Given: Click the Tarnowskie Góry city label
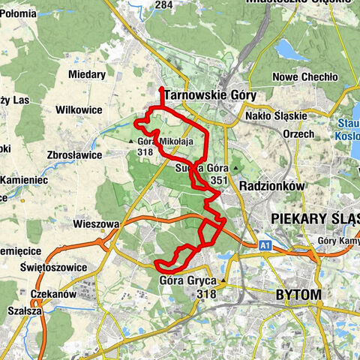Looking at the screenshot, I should click(x=199, y=96).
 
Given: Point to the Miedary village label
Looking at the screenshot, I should click(x=86, y=74).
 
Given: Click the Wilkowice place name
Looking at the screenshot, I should click(x=79, y=109).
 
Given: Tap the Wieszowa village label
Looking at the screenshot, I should click(x=96, y=223).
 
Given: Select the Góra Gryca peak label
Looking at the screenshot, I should click(x=188, y=281).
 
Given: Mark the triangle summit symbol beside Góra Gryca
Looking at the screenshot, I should click(x=223, y=281).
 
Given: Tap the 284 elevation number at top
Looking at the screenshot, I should click(x=163, y=6).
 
